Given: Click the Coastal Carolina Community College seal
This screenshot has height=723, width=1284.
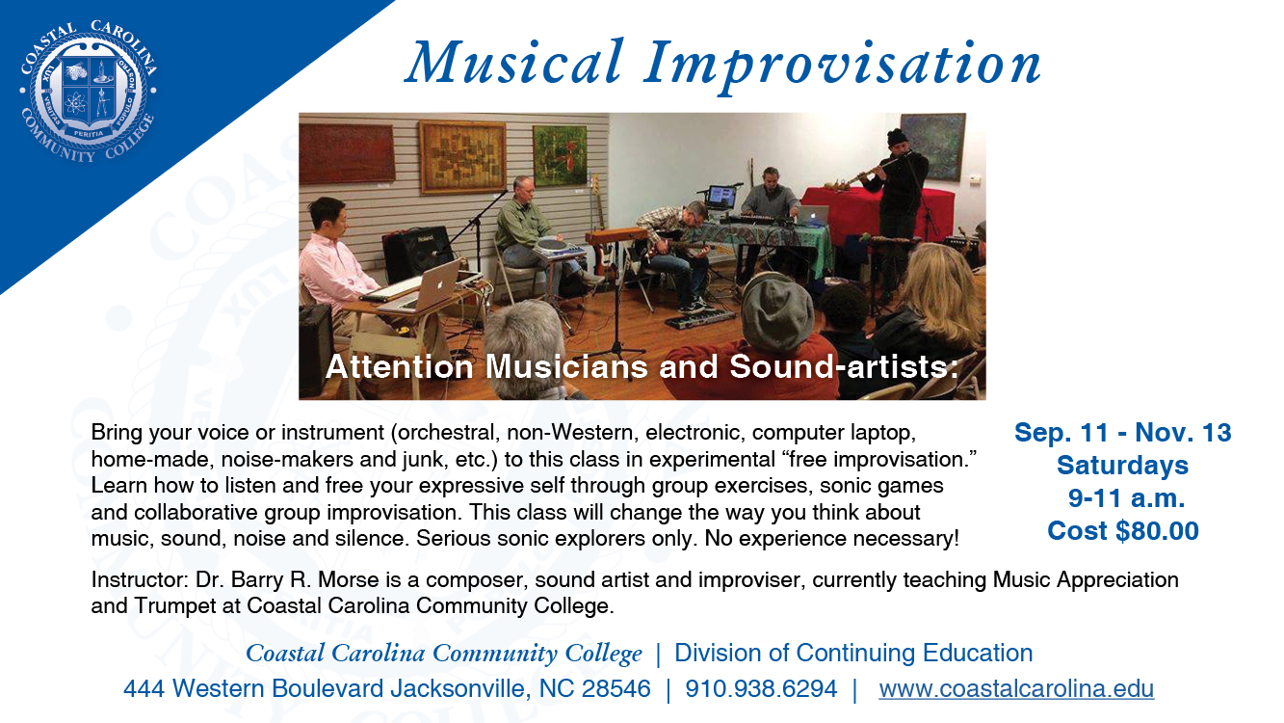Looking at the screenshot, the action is click(x=88, y=92).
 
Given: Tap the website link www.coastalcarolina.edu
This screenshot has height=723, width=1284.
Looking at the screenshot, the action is click(x=1016, y=688).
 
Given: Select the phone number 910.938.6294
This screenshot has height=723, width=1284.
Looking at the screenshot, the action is click(x=761, y=688).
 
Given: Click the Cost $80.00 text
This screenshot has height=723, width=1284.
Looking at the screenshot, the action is click(x=1123, y=531).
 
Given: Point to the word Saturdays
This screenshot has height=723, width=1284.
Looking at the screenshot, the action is click(x=1122, y=466).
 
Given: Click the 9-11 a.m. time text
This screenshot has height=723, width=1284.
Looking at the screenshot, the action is click(x=1126, y=498).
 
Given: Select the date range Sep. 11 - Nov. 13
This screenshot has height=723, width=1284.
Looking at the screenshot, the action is click(x=1122, y=433).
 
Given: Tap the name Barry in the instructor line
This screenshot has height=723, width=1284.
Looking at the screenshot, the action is click(x=257, y=580).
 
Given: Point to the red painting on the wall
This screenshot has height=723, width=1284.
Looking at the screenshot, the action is click(x=348, y=152).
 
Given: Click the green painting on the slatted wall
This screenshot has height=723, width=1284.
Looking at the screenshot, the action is click(x=560, y=155).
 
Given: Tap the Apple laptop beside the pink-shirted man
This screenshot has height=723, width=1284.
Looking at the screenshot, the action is click(x=436, y=285).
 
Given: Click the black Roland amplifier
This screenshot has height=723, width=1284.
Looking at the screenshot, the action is click(x=418, y=252).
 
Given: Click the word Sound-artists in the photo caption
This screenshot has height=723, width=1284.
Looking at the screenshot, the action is click(x=843, y=366).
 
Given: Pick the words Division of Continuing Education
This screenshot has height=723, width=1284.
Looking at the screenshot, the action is click(x=853, y=653).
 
